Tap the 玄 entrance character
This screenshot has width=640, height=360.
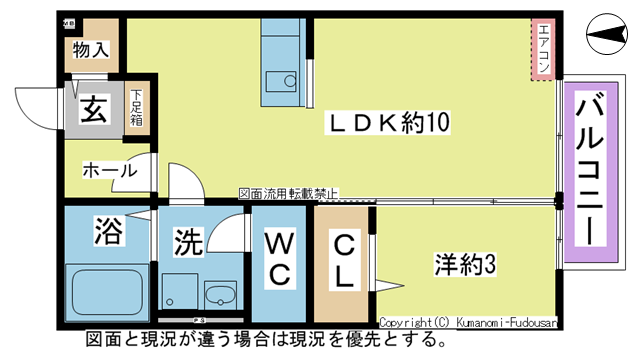(x=93, y=109)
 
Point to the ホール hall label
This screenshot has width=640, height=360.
(x=109, y=170)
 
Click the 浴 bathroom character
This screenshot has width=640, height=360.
(x=108, y=232)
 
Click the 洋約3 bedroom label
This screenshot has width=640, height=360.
(x=466, y=266)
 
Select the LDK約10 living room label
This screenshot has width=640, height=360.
(x=389, y=123)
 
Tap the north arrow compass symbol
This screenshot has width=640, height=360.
(x=606, y=38)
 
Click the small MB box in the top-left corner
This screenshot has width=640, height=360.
(x=68, y=21)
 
